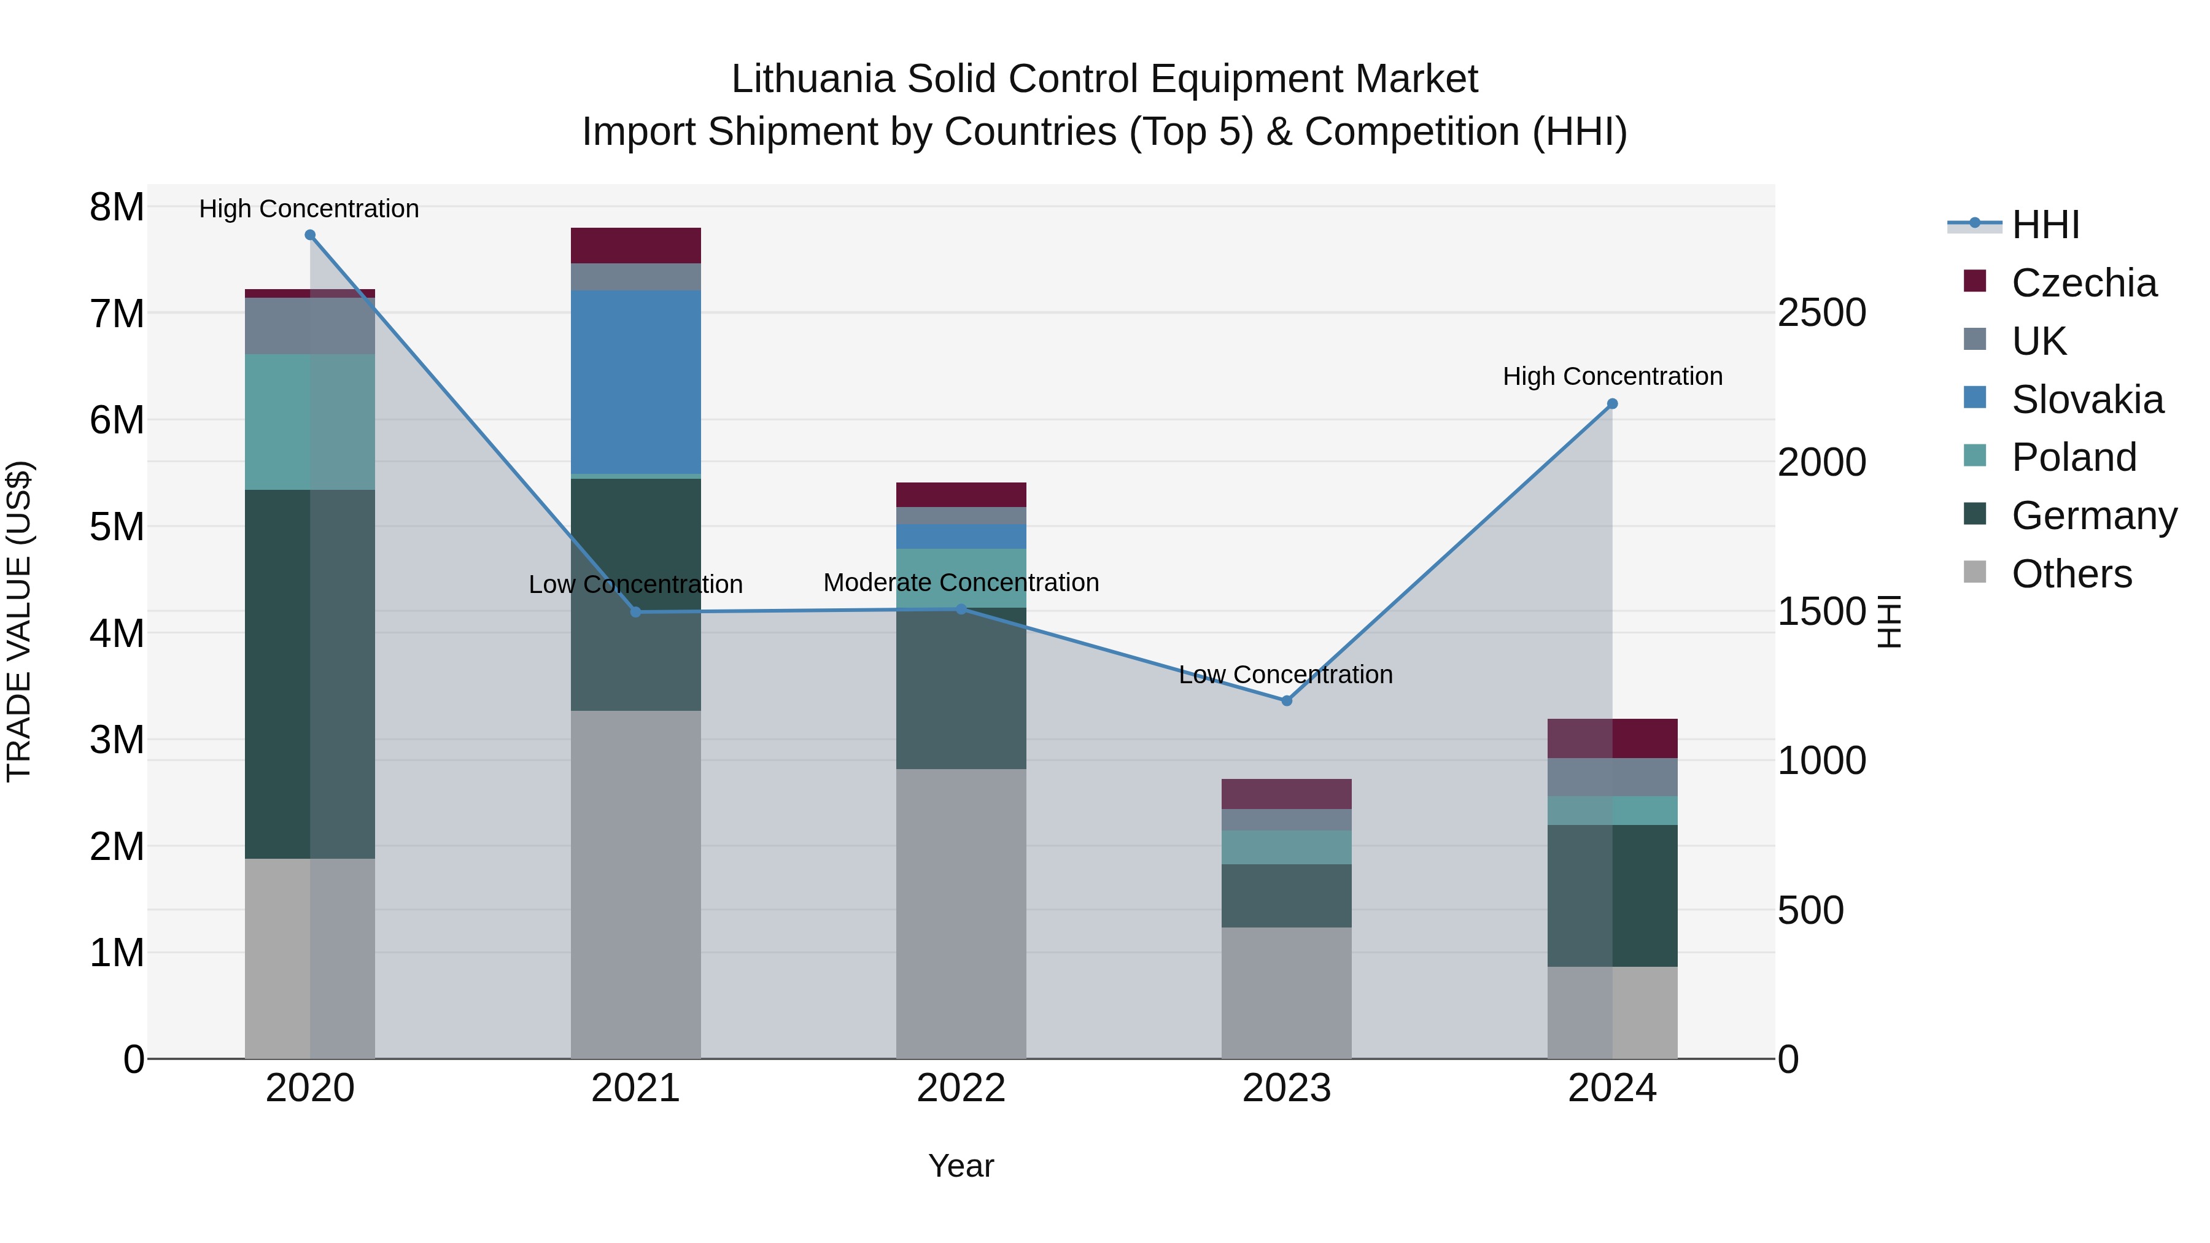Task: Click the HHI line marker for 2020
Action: tap(310, 235)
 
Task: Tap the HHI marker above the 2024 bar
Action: tap(1612, 404)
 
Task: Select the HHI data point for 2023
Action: tap(1286, 701)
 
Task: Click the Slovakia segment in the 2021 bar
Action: tap(636, 382)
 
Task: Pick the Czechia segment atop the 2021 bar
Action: tap(636, 246)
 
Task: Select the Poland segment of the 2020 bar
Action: tap(310, 422)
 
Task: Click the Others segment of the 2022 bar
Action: tap(961, 913)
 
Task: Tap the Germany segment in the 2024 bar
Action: tap(1612, 896)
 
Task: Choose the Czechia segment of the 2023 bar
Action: tap(1286, 794)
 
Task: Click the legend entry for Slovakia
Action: tap(2087, 400)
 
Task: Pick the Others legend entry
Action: tap(2071, 574)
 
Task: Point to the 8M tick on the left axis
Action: tap(117, 207)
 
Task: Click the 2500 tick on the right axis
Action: tap(1821, 312)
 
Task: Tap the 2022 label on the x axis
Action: tap(961, 1088)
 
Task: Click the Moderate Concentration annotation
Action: tap(961, 583)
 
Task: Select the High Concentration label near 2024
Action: tap(1612, 377)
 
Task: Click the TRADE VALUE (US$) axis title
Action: tap(19, 621)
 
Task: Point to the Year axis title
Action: tap(961, 1166)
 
